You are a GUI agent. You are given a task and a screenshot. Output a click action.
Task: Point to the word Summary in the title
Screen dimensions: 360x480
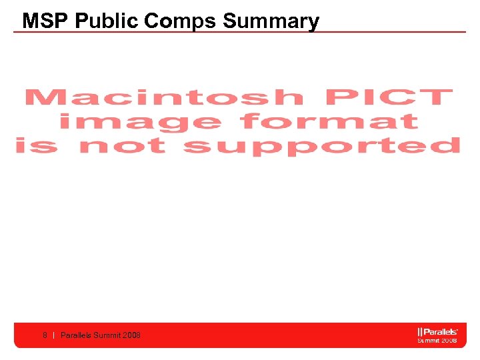271,21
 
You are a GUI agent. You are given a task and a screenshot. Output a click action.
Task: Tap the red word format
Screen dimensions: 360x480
329,122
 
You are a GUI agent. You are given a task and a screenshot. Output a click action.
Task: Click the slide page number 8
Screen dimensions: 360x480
45,335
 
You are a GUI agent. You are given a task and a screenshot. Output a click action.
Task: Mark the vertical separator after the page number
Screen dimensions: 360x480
53,335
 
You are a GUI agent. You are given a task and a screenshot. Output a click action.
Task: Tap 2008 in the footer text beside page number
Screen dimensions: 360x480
132,335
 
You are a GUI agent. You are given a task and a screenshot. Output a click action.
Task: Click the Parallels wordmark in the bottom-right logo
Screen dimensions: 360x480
441,331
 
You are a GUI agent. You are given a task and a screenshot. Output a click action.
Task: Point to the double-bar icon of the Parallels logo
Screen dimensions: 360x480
420,331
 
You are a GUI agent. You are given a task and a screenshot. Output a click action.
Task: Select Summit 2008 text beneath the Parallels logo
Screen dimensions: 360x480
437,340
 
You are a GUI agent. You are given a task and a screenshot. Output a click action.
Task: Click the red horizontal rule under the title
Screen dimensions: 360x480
240,31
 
